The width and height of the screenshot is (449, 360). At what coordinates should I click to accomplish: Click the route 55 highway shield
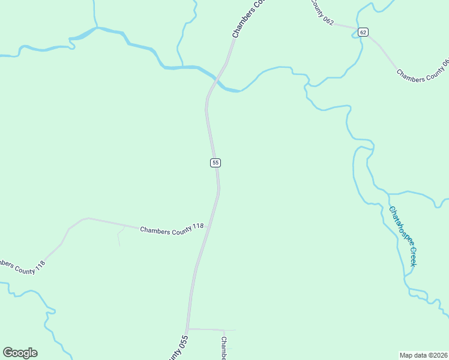(215, 163)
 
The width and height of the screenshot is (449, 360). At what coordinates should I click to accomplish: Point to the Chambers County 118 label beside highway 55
(172, 228)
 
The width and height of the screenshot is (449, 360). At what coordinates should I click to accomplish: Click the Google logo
(20, 352)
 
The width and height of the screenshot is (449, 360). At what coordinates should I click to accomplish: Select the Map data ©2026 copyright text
(423, 355)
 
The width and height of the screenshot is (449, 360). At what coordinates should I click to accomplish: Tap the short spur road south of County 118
(118, 238)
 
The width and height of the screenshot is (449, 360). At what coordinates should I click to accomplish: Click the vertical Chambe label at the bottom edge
(223, 348)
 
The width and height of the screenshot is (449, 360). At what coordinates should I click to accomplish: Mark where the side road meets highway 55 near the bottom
(188, 329)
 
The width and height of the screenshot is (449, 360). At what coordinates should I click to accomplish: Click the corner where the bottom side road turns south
(224, 331)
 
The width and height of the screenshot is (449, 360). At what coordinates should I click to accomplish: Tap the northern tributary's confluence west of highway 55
(181, 65)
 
